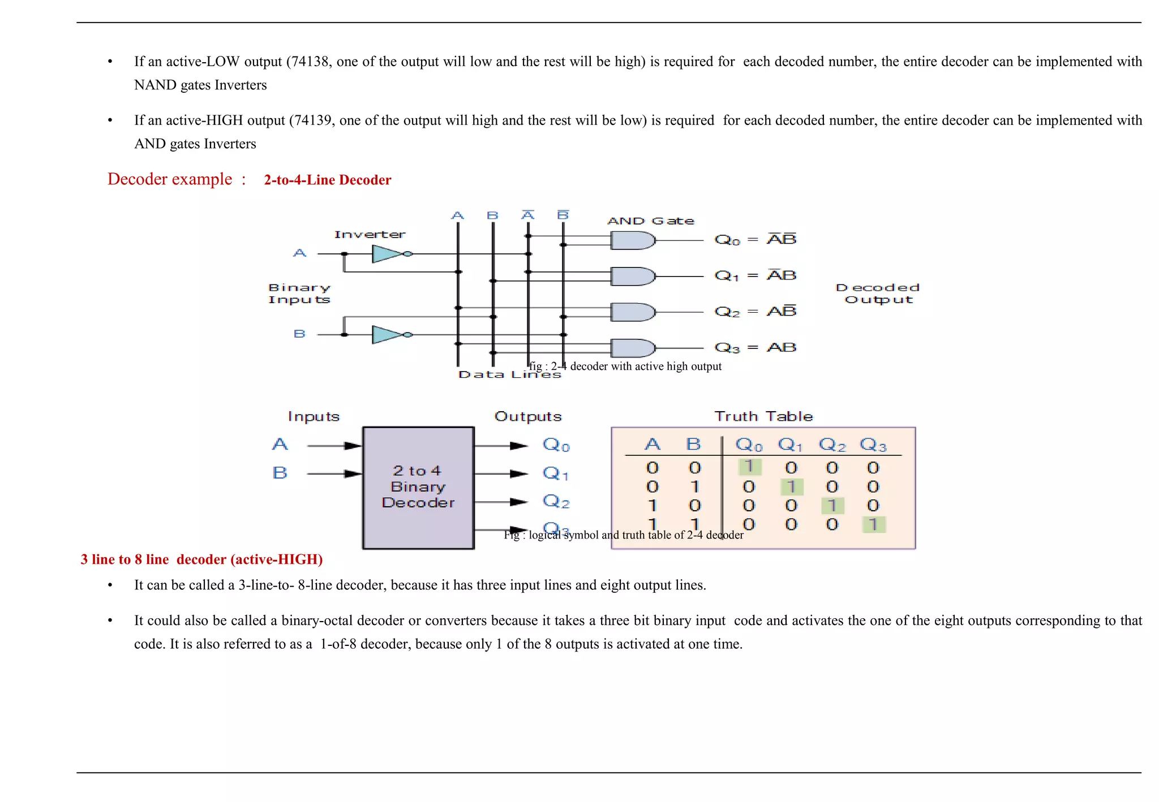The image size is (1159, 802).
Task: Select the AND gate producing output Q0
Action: point(632,241)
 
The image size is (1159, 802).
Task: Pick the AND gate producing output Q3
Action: point(632,348)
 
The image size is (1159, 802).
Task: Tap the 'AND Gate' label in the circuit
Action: point(650,221)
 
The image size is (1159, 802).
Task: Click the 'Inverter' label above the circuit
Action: point(370,234)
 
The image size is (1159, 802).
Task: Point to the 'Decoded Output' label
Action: point(878,294)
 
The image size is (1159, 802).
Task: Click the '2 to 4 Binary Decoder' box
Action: point(418,487)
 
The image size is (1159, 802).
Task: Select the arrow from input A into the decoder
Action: point(334,446)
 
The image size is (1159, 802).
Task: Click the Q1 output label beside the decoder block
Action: point(555,473)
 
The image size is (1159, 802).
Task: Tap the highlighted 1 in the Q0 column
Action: point(749,467)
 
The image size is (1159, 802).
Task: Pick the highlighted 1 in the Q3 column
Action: point(873,524)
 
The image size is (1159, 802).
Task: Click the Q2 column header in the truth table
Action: point(832,445)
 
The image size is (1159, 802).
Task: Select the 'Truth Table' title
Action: point(763,417)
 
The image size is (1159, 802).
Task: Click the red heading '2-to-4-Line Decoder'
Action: point(327,180)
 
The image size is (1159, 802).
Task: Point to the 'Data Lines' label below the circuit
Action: point(509,374)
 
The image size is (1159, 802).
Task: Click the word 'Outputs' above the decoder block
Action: point(527,417)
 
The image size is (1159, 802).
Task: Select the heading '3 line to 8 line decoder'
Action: point(201,559)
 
